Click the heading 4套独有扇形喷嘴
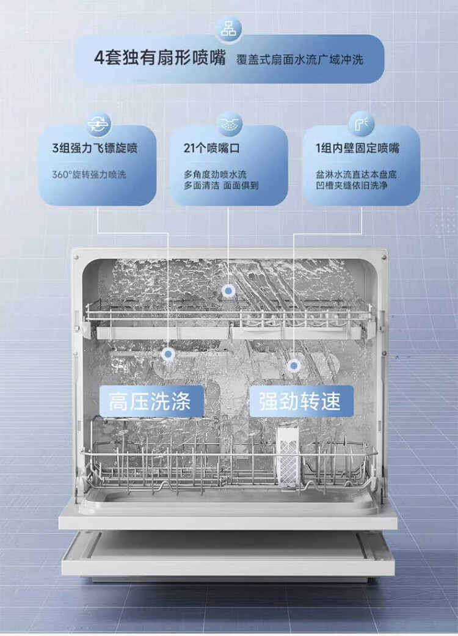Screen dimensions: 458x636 coord(160,59)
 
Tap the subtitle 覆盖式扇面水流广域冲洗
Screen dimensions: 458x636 coord(299,60)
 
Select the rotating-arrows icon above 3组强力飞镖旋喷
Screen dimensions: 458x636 coord(99,124)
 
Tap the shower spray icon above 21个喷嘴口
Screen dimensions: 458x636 coord(230,124)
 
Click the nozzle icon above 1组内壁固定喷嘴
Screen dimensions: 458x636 coord(361,124)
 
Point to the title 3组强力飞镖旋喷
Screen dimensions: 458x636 coord(95,148)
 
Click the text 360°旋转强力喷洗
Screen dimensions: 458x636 coord(89,175)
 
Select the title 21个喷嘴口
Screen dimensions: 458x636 coord(211,148)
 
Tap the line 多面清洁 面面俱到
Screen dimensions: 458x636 coord(221,186)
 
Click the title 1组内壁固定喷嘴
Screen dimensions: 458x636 coord(357,148)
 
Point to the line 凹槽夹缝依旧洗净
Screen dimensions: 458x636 coord(352,186)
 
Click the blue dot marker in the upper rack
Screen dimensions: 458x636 coord(228,291)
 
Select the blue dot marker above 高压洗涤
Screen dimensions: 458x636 coord(168,354)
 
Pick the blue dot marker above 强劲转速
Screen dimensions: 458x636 coord(294,365)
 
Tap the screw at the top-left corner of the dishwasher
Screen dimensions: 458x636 coord(75,257)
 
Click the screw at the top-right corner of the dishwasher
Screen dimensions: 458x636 coord(383,257)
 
